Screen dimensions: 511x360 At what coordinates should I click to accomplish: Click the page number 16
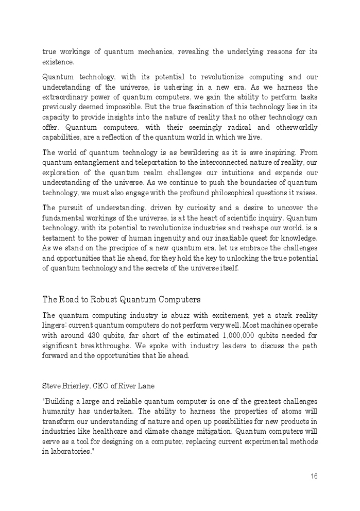pyautogui.click(x=314, y=476)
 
